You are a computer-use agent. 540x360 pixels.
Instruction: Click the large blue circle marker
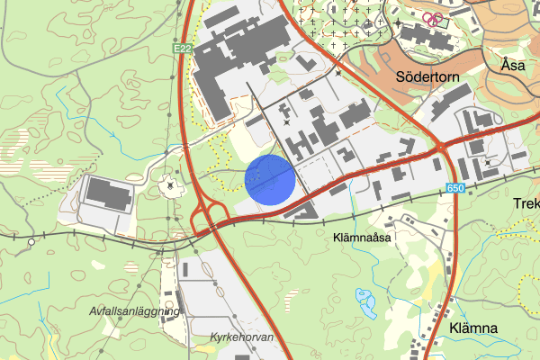tap(270, 179)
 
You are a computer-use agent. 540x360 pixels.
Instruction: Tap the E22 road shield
tap(182, 49)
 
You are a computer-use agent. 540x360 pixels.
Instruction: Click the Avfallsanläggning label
tap(135, 310)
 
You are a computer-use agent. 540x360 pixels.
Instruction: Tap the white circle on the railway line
tap(31, 241)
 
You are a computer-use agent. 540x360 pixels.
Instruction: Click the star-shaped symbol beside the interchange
tap(169, 185)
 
